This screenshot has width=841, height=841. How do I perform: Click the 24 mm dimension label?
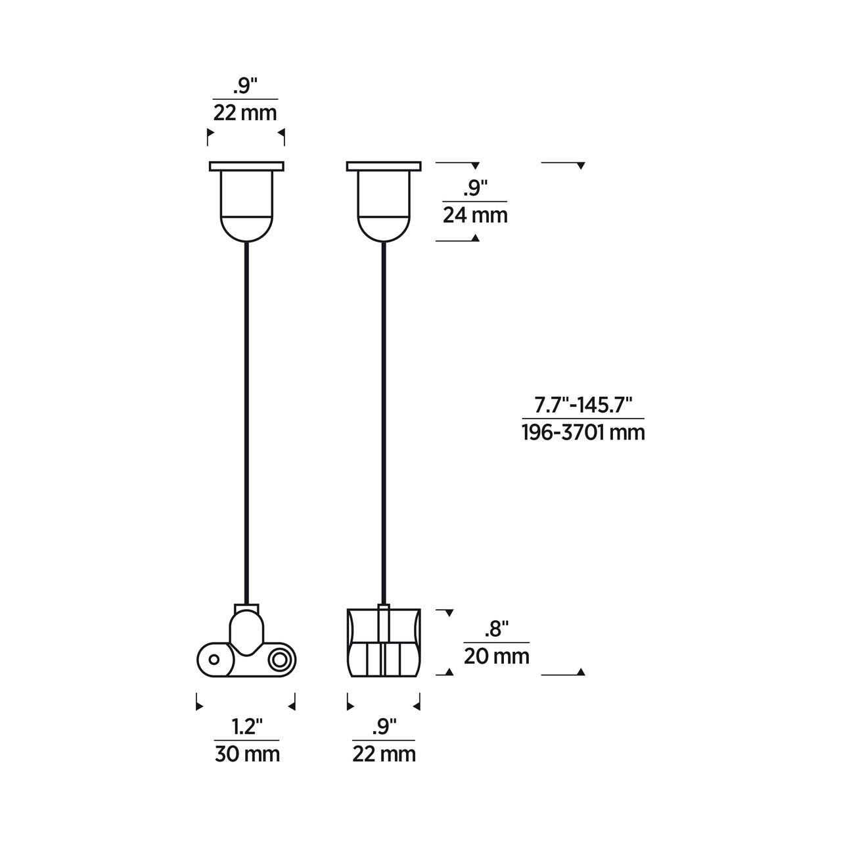click(x=475, y=216)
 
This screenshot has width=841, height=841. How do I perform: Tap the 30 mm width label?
click(x=247, y=754)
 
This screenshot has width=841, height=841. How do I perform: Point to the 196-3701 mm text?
click(x=583, y=432)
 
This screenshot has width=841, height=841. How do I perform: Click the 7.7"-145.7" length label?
click(x=583, y=406)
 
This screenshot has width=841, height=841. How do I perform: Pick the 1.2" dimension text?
click(x=248, y=727)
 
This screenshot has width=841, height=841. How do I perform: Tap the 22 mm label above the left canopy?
click(x=245, y=113)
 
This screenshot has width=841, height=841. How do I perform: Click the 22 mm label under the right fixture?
click(x=384, y=754)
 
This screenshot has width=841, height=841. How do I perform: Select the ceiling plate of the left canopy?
click(x=246, y=166)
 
